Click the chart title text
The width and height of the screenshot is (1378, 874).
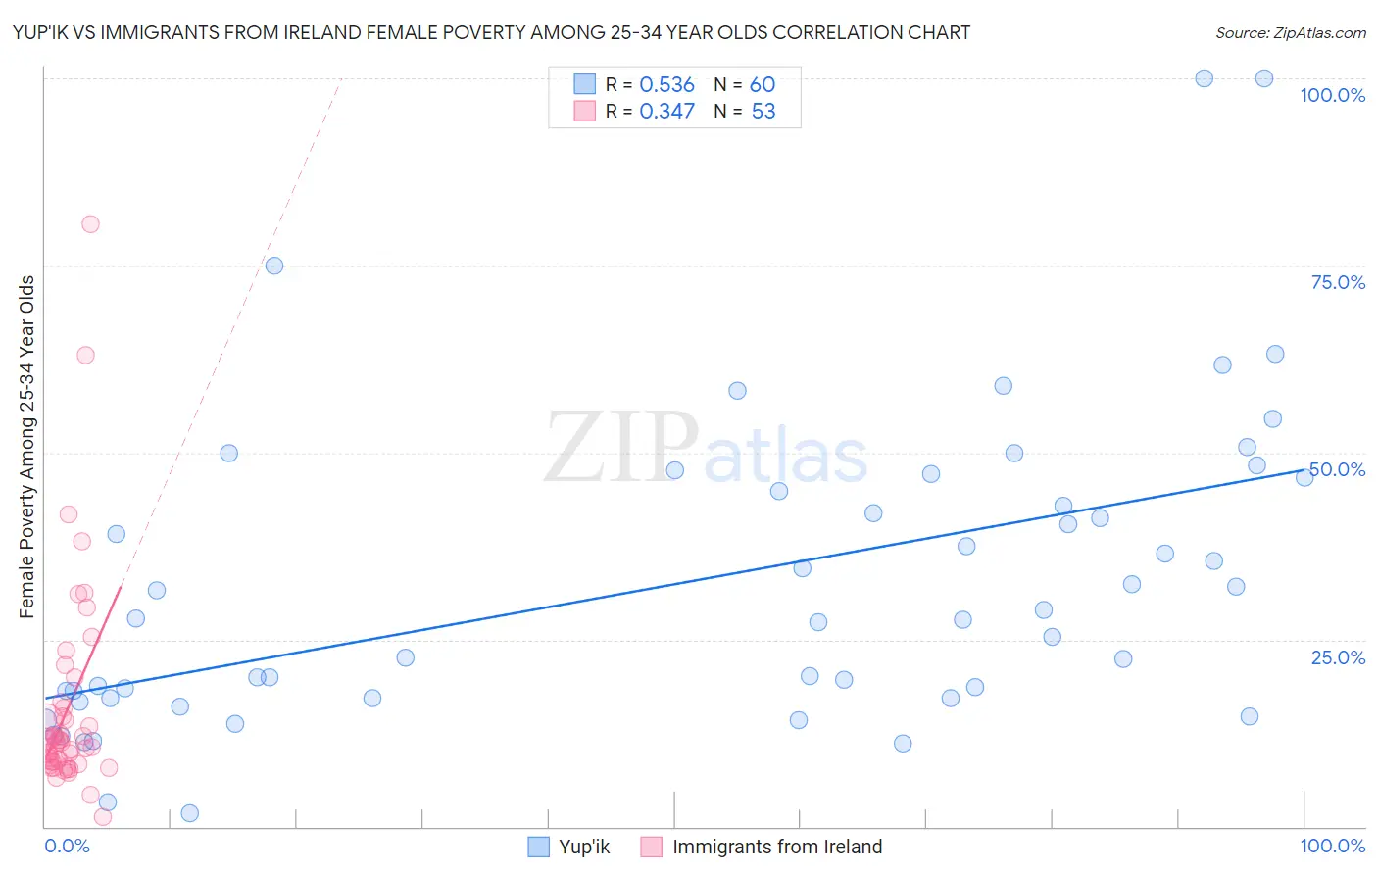(x=491, y=32)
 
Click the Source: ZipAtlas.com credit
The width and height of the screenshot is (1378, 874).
(x=1290, y=32)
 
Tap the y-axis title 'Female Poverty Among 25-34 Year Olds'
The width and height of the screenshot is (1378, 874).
(x=27, y=447)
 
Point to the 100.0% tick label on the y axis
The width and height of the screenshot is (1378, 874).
(x=1332, y=95)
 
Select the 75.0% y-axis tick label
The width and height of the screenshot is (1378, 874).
(x=1338, y=282)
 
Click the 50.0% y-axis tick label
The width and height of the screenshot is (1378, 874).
(x=1338, y=469)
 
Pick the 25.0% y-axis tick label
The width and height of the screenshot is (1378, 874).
(x=1338, y=657)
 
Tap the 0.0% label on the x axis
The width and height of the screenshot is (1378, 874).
(x=67, y=846)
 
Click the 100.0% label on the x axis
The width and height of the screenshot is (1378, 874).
(x=1332, y=846)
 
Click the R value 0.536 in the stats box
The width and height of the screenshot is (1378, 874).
(x=666, y=85)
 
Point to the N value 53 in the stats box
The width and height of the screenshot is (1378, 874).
(x=763, y=112)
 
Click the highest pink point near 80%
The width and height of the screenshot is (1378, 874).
(x=90, y=223)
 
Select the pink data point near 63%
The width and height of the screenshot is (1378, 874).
(x=85, y=355)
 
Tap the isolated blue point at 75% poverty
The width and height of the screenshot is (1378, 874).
(x=274, y=266)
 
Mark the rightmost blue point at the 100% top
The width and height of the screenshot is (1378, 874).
(x=1264, y=78)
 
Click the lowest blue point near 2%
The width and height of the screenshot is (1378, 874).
(x=190, y=813)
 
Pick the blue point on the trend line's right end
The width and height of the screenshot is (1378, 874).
(x=1304, y=477)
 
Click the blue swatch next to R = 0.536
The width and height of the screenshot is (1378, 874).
(x=585, y=84)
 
